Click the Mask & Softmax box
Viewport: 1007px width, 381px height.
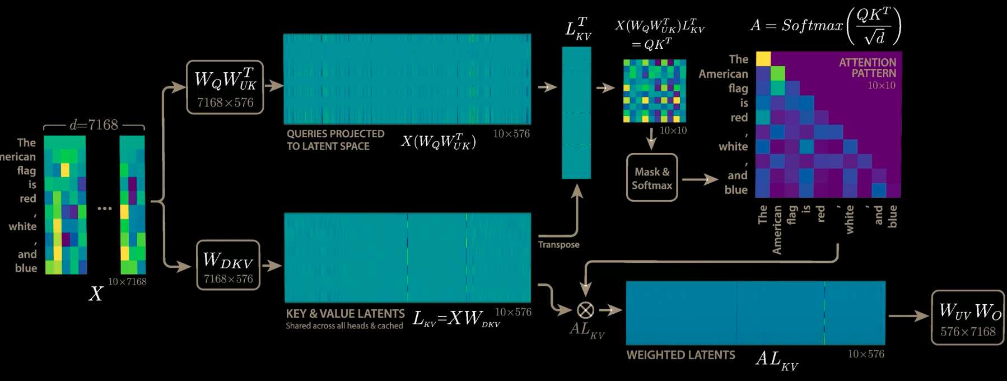652,178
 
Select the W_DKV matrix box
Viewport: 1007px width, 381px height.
228,266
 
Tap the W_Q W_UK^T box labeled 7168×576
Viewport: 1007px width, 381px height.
225,87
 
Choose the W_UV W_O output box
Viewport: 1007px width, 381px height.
967,318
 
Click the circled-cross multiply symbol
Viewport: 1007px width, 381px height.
585,310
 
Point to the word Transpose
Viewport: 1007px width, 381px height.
558,244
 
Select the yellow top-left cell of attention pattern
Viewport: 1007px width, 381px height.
763,59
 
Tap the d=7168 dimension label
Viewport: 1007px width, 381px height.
94,124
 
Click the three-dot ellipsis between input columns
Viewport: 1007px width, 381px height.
105,208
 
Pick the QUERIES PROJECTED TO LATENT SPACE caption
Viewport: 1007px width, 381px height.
335,140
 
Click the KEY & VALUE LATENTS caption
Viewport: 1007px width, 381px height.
345,314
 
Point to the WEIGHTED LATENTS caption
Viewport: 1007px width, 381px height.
680,355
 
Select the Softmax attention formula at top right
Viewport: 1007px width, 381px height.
826,26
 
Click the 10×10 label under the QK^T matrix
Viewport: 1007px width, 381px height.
673,131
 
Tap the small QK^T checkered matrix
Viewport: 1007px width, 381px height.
655,91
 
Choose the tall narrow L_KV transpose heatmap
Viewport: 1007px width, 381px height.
576,113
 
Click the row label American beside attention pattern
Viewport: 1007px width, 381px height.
723,74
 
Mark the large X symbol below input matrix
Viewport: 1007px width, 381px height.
96,294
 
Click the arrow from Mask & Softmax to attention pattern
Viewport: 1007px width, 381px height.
700,180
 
